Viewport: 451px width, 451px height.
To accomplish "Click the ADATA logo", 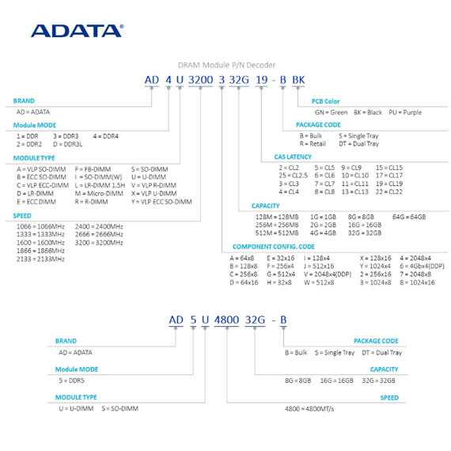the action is point(78,31).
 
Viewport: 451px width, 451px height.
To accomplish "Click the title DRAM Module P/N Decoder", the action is point(226,65).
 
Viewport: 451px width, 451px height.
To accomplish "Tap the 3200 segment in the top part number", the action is point(200,80).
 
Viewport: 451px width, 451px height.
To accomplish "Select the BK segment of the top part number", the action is point(298,80).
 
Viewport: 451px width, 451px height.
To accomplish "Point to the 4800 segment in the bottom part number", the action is point(226,320).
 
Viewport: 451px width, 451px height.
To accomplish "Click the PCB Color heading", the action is point(326,101).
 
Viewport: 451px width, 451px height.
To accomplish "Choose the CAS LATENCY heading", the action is point(293,157).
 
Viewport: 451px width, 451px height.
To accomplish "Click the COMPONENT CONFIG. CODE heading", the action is point(274,247).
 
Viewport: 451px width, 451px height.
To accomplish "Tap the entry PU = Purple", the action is point(405,112).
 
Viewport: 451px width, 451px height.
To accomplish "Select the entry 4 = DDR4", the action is point(105,136).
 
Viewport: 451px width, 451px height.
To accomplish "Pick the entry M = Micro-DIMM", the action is point(99,194).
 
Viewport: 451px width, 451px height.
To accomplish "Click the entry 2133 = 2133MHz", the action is point(40,260).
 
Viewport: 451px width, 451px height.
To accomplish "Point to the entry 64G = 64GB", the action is point(409,217).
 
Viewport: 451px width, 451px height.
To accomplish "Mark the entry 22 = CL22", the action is point(388,191).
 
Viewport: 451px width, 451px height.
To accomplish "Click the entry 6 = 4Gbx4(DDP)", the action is point(422,267).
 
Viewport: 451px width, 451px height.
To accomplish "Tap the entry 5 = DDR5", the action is point(72,381).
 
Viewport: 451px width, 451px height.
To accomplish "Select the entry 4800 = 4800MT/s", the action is point(309,409).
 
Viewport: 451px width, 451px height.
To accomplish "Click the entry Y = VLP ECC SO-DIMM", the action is point(161,202).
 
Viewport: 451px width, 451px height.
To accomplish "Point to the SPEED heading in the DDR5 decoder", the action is point(389,398).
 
